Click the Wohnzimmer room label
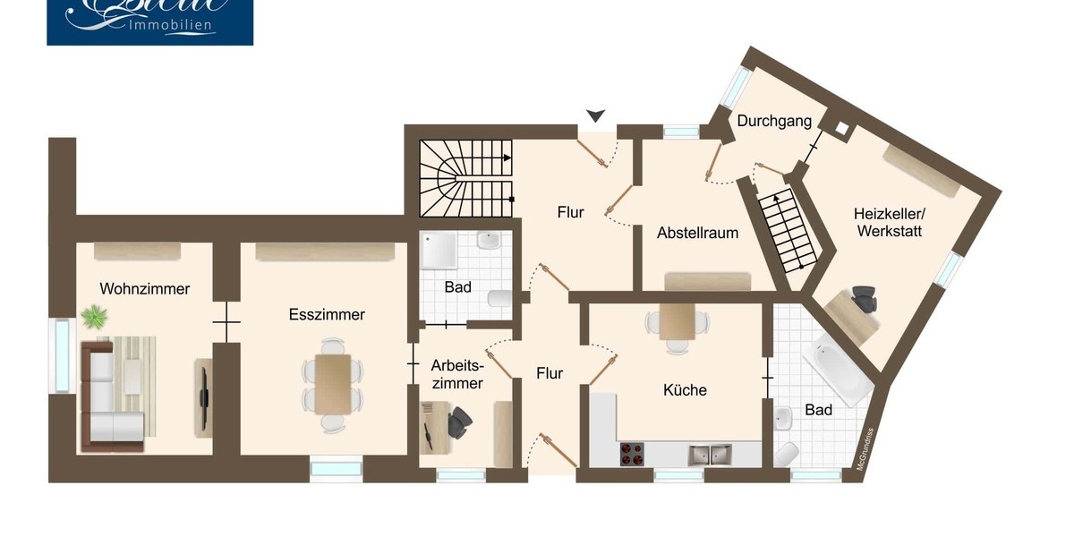[x=144, y=289]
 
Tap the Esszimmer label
[x=327, y=315]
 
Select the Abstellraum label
[x=697, y=233]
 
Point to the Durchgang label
[x=774, y=121]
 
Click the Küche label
[x=685, y=390]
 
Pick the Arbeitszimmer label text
[x=456, y=374]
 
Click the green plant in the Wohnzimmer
[x=93, y=316]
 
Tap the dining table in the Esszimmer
[x=333, y=383]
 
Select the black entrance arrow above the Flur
[x=596, y=115]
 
